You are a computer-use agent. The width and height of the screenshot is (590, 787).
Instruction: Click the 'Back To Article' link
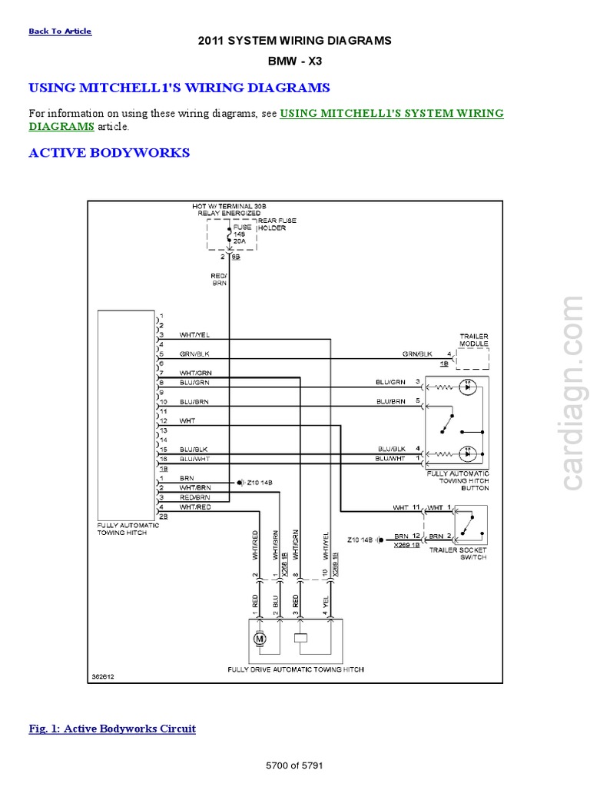pyautogui.click(x=60, y=32)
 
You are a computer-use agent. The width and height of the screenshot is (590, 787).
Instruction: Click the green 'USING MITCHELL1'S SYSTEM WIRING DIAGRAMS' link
pyautogui.click(x=392, y=113)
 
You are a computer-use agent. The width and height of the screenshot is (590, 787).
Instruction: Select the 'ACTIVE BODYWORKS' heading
pyautogui.click(x=109, y=152)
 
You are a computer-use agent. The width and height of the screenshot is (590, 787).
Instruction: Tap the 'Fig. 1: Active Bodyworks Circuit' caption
pyautogui.click(x=112, y=729)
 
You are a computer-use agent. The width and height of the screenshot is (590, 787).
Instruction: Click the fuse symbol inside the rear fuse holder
pyautogui.click(x=229, y=234)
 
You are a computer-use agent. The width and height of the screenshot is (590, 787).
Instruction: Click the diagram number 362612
pyautogui.click(x=103, y=678)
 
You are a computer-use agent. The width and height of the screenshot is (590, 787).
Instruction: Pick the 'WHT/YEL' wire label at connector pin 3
pyautogui.click(x=194, y=335)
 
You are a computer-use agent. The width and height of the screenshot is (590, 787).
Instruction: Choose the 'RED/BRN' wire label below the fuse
pyautogui.click(x=219, y=279)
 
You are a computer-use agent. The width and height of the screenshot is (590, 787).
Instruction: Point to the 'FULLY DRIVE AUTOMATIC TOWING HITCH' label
pyautogui.click(x=296, y=669)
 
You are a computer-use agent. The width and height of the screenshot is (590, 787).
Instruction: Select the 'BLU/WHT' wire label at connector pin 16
pyautogui.click(x=194, y=458)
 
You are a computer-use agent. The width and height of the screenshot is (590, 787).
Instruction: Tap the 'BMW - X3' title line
pyautogui.click(x=295, y=59)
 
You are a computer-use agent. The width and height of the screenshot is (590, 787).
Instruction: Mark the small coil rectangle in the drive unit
pyautogui.click(x=301, y=638)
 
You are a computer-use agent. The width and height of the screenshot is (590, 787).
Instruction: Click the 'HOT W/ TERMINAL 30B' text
pyautogui.click(x=228, y=207)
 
